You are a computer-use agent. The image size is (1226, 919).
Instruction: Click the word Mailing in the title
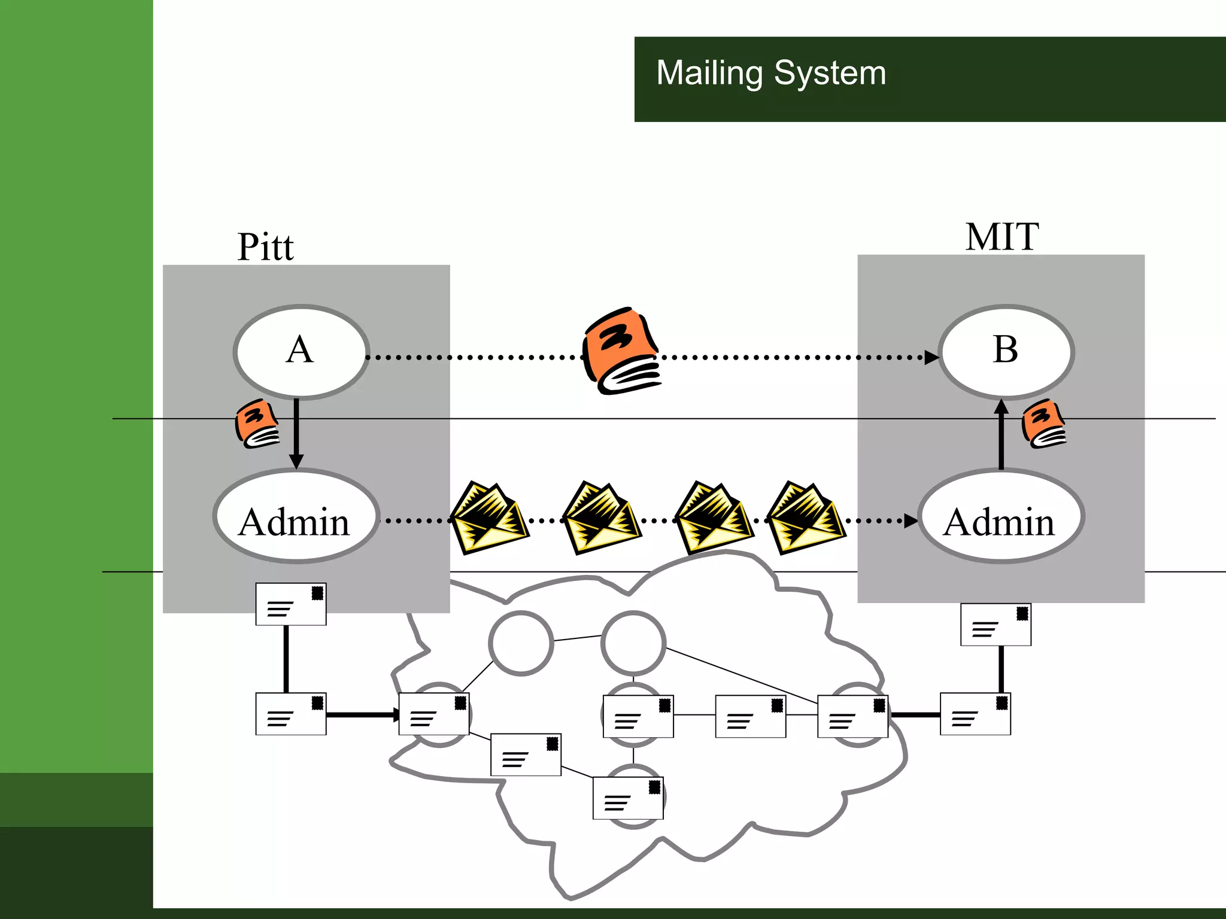pyautogui.click(x=709, y=74)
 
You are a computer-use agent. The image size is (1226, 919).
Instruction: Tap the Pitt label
pyautogui.click(x=265, y=247)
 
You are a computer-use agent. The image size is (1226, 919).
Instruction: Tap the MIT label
pyautogui.click(x=1002, y=237)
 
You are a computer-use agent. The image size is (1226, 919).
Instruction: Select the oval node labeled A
pyautogui.click(x=301, y=351)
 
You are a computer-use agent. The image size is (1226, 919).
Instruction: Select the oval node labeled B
pyautogui.click(x=1006, y=351)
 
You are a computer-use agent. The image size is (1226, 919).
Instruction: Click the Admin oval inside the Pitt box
pyautogui.click(x=296, y=517)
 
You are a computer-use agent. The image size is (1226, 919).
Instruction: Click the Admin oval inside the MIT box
pyautogui.click(x=1000, y=517)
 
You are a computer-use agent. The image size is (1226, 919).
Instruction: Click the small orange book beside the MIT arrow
pyautogui.click(x=1044, y=424)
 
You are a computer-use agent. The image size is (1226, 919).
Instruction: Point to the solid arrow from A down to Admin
pyautogui.click(x=296, y=434)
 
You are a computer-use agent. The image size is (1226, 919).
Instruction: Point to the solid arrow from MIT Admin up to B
pyautogui.click(x=1002, y=435)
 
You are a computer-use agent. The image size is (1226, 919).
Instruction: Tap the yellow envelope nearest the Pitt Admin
pyautogui.click(x=488, y=518)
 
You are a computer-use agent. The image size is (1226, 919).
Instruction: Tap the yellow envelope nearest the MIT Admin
pyautogui.click(x=806, y=518)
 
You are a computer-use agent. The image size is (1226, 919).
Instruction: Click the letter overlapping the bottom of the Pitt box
pyautogui.click(x=291, y=604)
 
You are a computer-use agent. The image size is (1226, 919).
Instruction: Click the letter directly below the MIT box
pyautogui.click(x=996, y=625)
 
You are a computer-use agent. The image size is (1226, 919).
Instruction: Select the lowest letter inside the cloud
pyautogui.click(x=628, y=798)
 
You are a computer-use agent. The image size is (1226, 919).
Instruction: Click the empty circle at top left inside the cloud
pyautogui.click(x=521, y=643)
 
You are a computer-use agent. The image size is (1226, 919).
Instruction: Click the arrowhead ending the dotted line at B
pyautogui.click(x=931, y=358)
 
